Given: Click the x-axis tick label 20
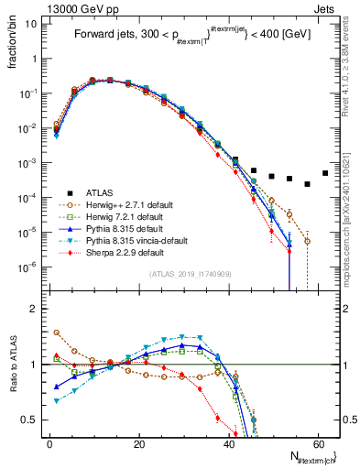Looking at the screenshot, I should click(x=139, y=443).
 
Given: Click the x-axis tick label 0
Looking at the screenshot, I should click(x=49, y=443).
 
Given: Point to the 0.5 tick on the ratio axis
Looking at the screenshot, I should click(x=30, y=420).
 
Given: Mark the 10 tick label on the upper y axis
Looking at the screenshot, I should click(x=30, y=25).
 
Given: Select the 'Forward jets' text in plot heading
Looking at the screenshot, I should click(x=104, y=37).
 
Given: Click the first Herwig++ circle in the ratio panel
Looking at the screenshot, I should click(x=57, y=333).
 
